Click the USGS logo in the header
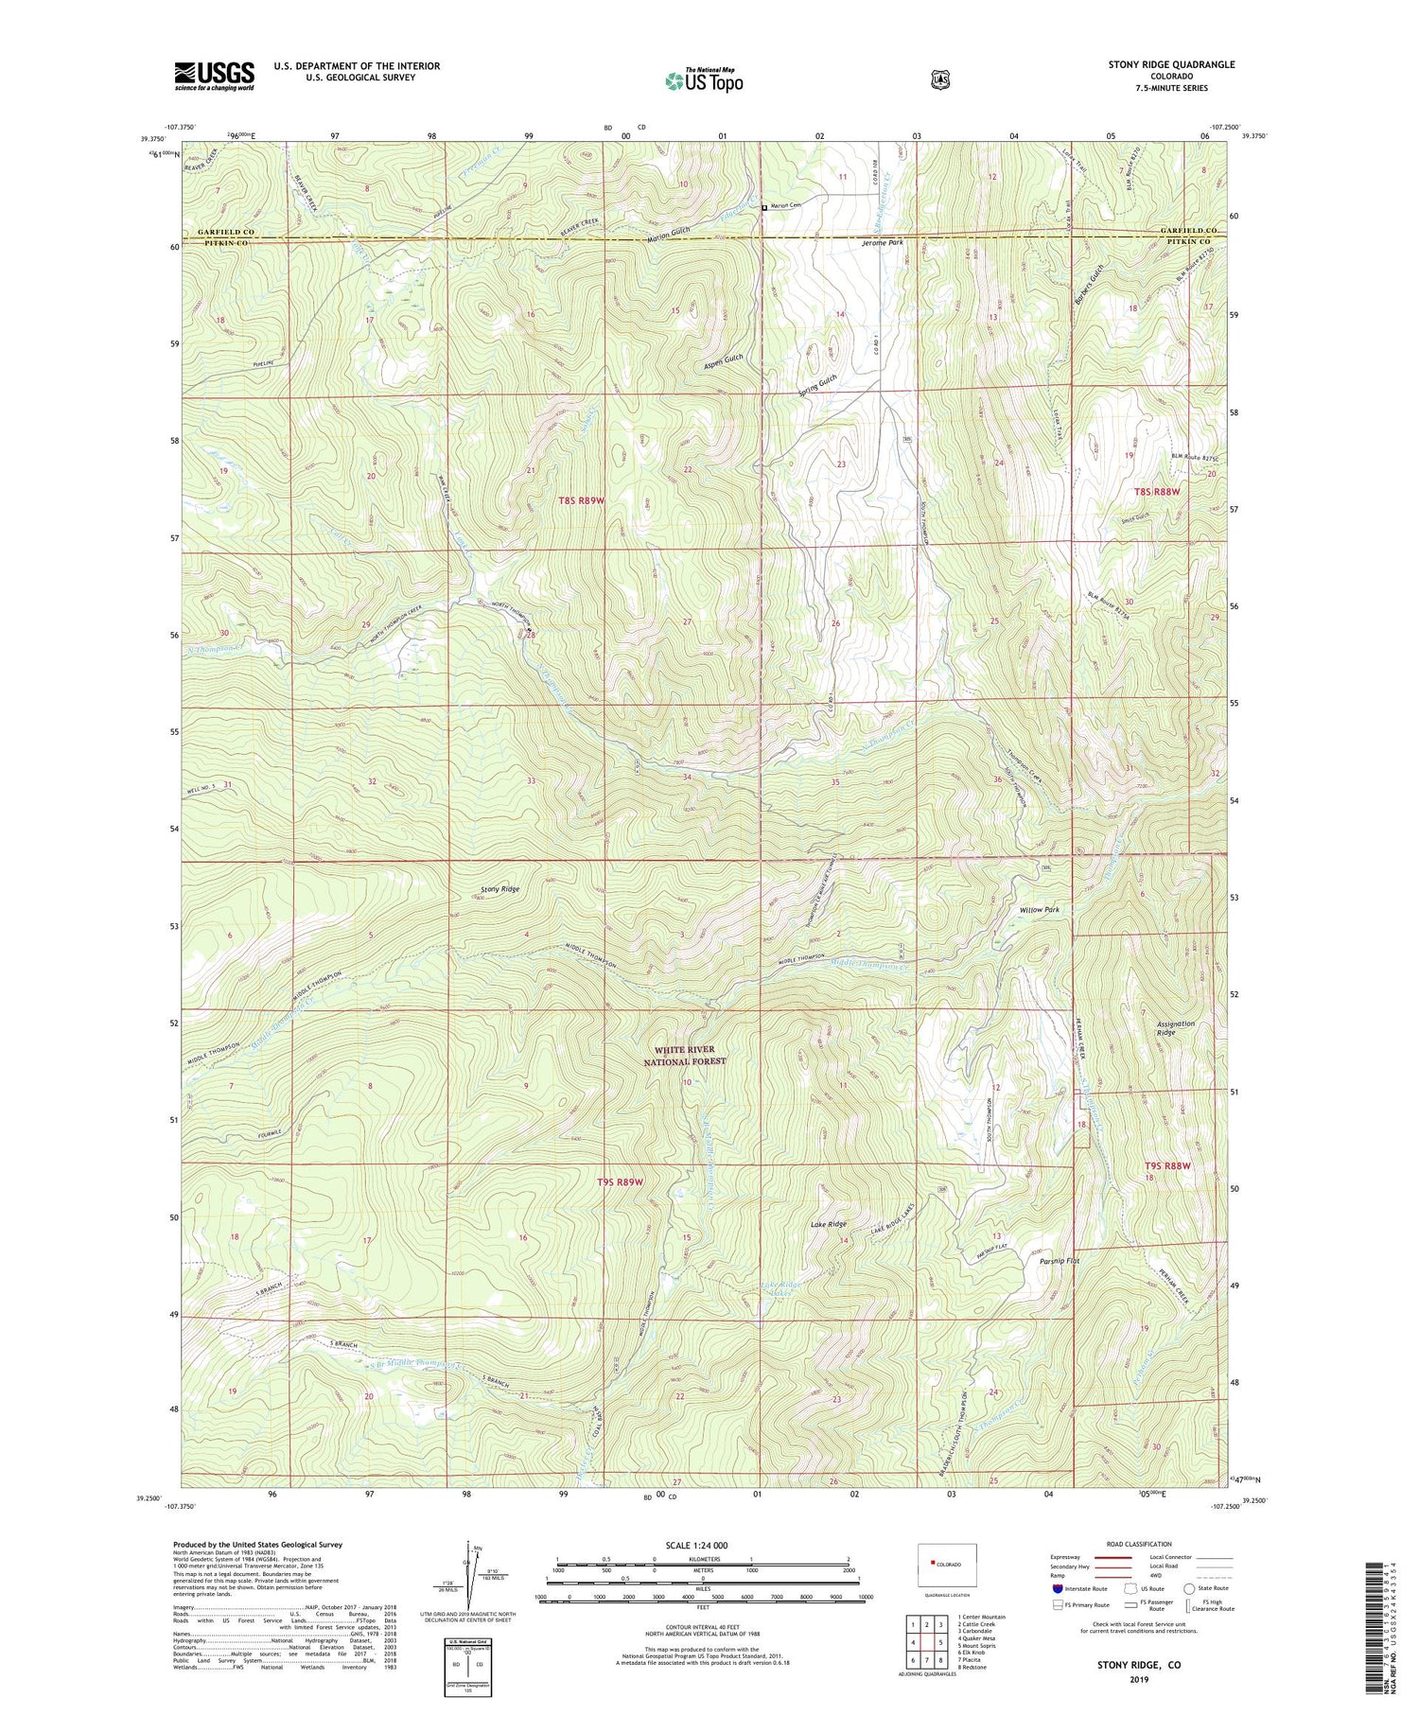tap(214, 75)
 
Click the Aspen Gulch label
tap(724, 360)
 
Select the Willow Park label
tap(1039, 910)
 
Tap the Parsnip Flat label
tap(1059, 1261)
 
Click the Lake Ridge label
tap(828, 1224)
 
